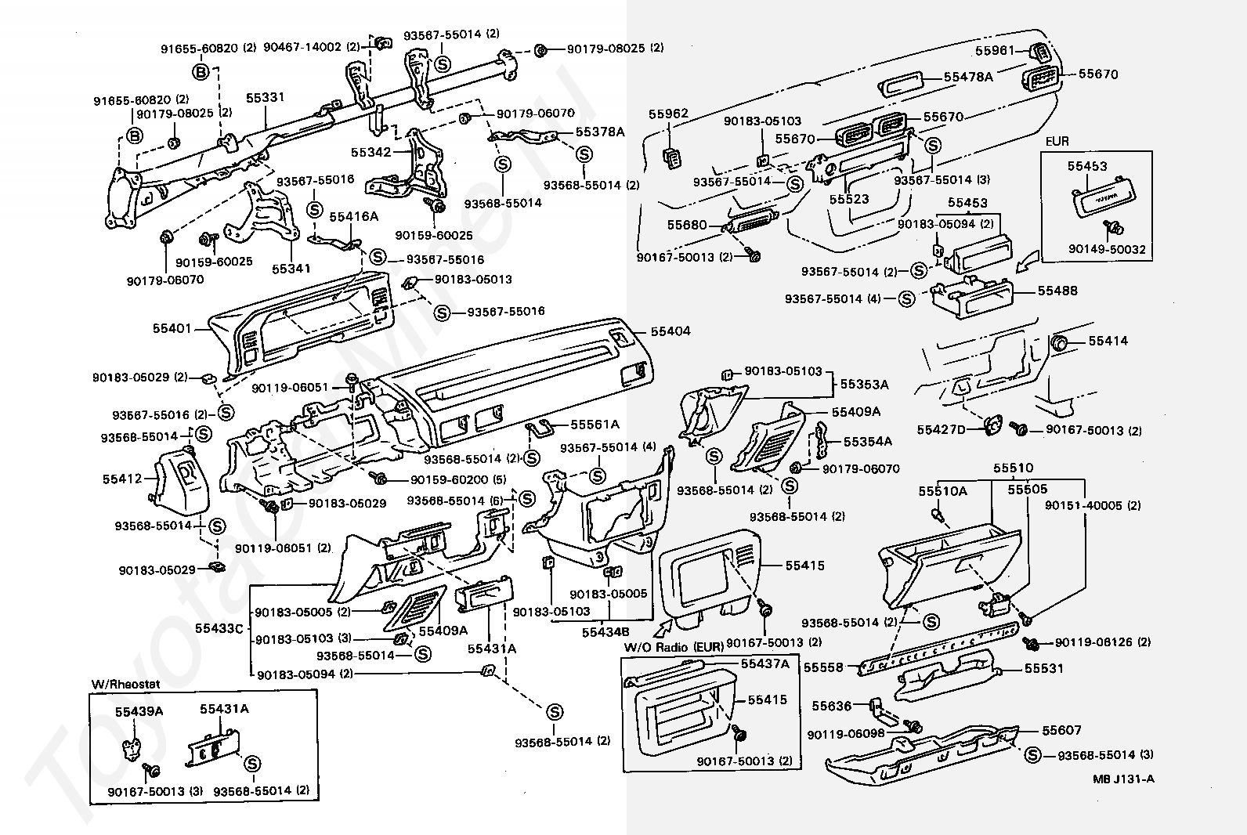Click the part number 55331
coord(265,98)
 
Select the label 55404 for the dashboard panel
coord(670,331)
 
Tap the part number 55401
coord(172,330)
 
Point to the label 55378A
coord(599,132)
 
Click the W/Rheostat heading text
coord(125,684)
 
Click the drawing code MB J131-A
coord(1124,779)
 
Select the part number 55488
coord(1057,291)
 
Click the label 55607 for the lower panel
coord(1061,730)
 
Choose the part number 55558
coord(823,667)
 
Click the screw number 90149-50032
coord(1107,249)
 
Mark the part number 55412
coord(121,478)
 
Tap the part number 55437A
coord(764,663)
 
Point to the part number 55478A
coord(968,77)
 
